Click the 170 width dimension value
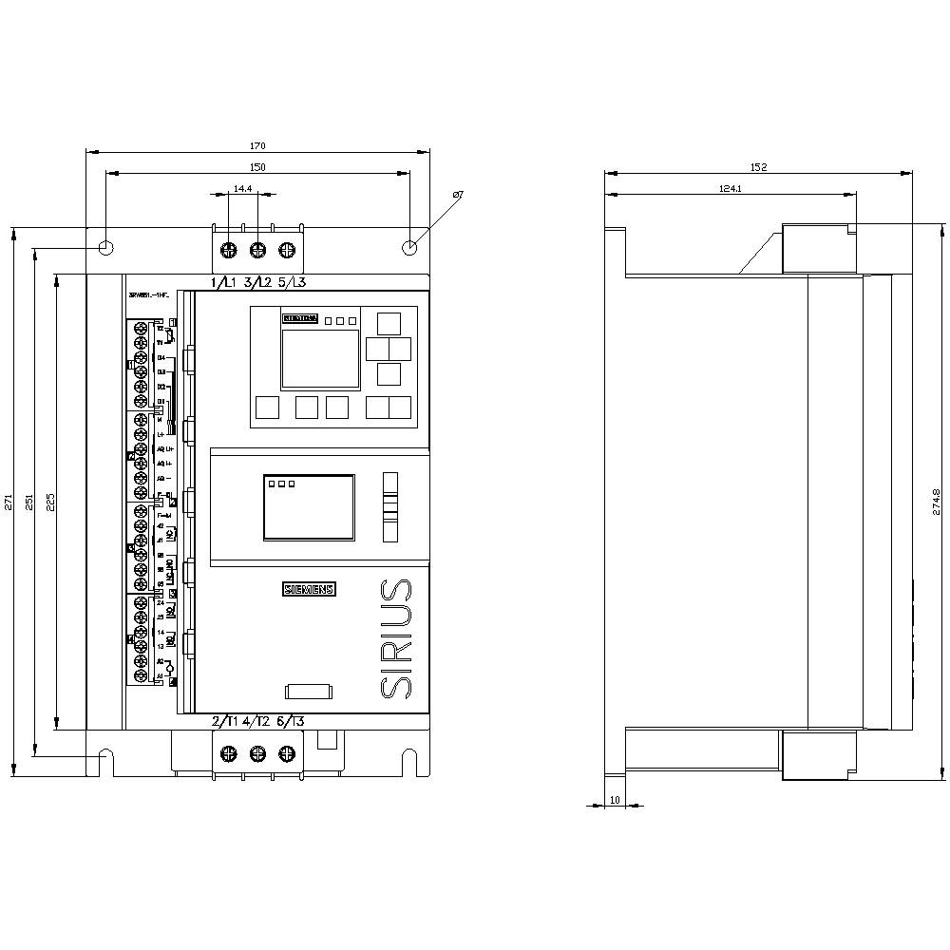click(x=257, y=145)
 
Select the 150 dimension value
click(x=257, y=167)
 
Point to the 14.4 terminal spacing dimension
click(x=242, y=189)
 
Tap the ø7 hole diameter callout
click(x=457, y=195)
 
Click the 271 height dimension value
click(x=9, y=502)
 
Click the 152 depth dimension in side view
click(x=758, y=167)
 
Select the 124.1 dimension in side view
click(x=730, y=189)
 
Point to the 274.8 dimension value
click(x=936, y=502)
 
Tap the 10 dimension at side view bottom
click(x=615, y=800)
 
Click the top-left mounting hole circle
click(x=106, y=248)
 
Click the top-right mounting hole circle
click(x=409, y=248)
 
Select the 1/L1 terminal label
click(x=224, y=282)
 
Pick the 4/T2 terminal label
click(x=257, y=721)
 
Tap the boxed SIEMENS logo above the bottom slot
click(x=309, y=589)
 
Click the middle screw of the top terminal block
click(x=257, y=251)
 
